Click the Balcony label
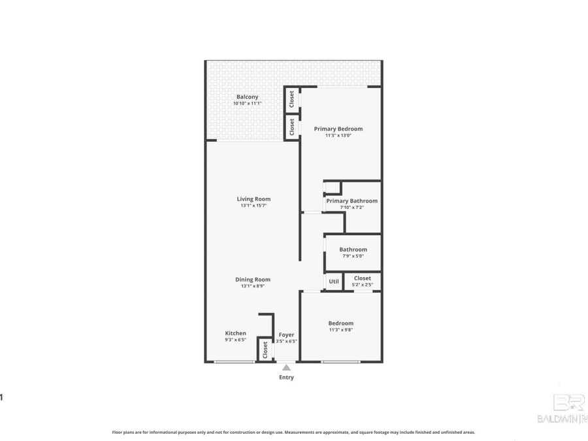pos(247,97)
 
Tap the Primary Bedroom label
pos(338,129)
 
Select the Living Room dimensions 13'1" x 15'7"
pos(253,206)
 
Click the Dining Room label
pos(253,279)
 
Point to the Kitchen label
pos(236,333)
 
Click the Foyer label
pos(286,335)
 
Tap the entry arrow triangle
pos(286,368)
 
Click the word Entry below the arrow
pos(286,378)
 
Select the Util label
pos(334,282)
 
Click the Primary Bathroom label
pos(351,201)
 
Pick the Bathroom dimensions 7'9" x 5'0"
pos(353,256)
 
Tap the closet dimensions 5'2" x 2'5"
pos(362,285)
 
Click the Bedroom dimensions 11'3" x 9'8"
pos(340,331)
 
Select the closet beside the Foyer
pos(265,350)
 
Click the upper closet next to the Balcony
pos(291,100)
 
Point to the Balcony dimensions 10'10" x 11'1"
pos(247,104)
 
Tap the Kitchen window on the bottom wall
pos(235,362)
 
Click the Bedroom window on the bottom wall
pos(340,362)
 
